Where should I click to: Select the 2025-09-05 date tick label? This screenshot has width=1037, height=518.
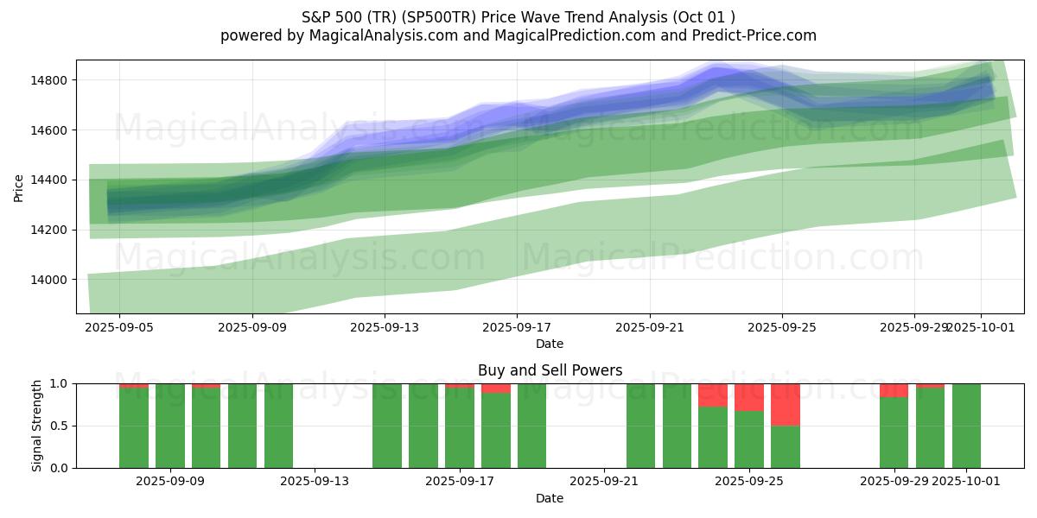tap(119, 328)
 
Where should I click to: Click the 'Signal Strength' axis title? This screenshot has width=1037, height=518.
tap(37, 426)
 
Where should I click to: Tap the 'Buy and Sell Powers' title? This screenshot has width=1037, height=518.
tap(550, 370)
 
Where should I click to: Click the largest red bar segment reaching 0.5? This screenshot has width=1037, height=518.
tap(786, 405)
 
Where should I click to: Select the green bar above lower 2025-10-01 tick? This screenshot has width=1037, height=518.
tap(966, 426)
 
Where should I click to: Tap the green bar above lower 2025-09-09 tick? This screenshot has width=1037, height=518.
tap(170, 426)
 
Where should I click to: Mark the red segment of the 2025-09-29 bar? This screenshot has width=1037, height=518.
tap(894, 390)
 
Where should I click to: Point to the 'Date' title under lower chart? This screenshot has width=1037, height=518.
tap(550, 498)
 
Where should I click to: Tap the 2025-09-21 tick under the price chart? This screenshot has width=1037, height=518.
tap(649, 328)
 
